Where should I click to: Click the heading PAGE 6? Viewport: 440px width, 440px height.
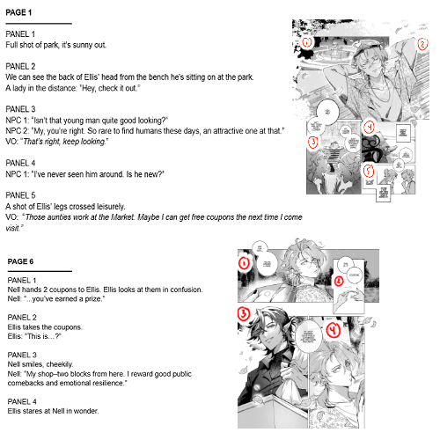pos(25,262)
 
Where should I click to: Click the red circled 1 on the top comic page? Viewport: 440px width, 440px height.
pos(306,41)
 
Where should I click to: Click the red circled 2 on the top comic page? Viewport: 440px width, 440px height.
pos(422,41)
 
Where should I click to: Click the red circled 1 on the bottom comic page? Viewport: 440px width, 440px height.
pos(245,262)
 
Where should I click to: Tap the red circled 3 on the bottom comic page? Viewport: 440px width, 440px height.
pos(243,312)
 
